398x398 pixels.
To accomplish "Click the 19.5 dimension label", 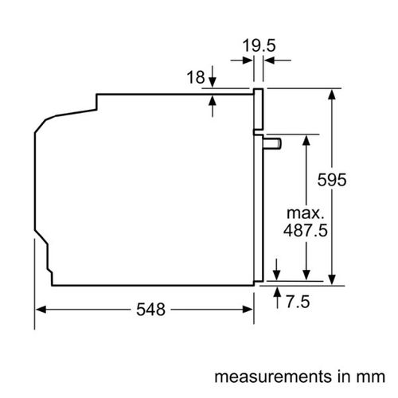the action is coord(259,45).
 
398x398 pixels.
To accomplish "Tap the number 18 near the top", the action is coord(196,77).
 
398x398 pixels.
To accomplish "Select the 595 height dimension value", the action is coord(332,180).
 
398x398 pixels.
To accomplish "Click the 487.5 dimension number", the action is coord(306,230).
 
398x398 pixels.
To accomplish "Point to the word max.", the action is coord(306,213).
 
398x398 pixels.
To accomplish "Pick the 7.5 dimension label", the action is coord(298,302).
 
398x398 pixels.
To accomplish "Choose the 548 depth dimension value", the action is coord(150,310).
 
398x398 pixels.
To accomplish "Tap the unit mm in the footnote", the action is coord(374,377).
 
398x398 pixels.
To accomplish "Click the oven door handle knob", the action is coord(272,143).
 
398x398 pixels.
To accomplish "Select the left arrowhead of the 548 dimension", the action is coord(41,310).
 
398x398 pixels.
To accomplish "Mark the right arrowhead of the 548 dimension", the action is coord(248,310).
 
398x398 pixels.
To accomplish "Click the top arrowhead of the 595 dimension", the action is coord(332,95).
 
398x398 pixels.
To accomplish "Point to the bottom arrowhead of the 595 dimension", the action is coord(332,279).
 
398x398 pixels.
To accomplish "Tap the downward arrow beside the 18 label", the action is coord(213,76).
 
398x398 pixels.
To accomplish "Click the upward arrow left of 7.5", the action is coord(277,298).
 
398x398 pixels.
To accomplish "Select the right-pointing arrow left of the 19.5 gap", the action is coord(241,60).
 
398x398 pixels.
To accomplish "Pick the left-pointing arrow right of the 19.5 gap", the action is coord(278,60).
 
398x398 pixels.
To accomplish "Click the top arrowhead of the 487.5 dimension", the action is coord(306,140).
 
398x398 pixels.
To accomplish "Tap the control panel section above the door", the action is coord(258,110).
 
